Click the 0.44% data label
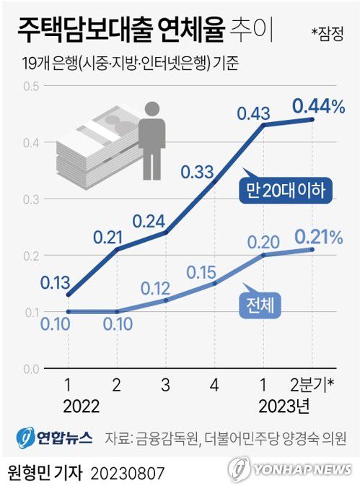319,107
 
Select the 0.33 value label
197,172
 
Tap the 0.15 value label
202,271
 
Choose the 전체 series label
260,305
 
